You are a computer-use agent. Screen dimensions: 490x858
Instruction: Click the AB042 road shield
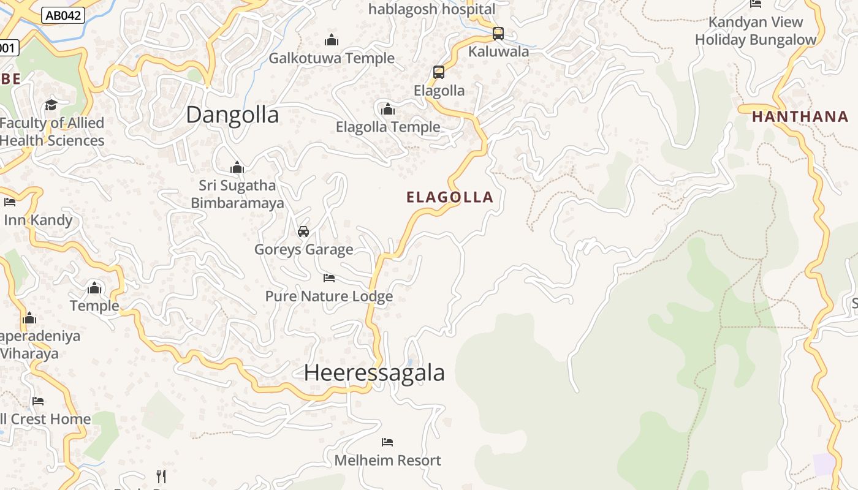(x=63, y=15)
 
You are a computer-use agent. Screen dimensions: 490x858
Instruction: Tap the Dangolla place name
(x=232, y=115)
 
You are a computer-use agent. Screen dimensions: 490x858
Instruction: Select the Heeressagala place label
(x=374, y=372)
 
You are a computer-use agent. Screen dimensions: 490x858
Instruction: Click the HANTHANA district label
(x=800, y=116)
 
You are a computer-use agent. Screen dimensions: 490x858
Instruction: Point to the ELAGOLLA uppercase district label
(x=450, y=197)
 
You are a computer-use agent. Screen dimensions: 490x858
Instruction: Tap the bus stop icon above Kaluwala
(x=498, y=33)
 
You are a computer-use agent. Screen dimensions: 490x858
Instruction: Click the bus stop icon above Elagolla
(x=439, y=72)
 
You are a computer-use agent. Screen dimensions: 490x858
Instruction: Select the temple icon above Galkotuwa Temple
(x=332, y=40)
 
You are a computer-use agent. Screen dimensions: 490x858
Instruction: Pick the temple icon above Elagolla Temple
(x=388, y=109)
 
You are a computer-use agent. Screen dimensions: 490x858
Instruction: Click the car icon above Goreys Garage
(x=303, y=231)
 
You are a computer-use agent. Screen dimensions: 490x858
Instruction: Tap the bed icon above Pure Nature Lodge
(x=329, y=277)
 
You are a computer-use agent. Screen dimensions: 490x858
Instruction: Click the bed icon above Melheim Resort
(x=387, y=442)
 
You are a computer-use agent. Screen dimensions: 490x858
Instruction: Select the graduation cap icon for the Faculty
(x=51, y=104)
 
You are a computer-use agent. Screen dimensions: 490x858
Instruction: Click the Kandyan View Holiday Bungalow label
(x=755, y=31)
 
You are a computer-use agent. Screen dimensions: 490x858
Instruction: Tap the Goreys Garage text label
(x=303, y=249)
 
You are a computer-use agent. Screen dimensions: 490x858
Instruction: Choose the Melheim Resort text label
(x=387, y=460)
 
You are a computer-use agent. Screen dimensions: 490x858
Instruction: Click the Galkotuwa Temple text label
(x=332, y=58)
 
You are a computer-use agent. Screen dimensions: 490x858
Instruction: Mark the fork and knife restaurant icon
(x=161, y=476)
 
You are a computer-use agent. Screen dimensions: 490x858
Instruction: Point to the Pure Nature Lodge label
(x=328, y=296)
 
